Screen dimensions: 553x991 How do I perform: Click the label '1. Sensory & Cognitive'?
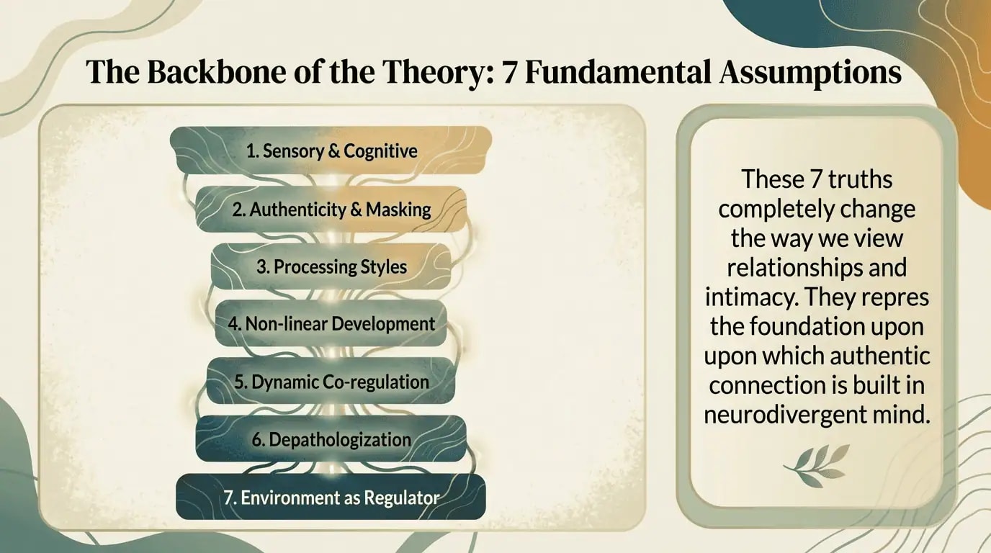point(331,151)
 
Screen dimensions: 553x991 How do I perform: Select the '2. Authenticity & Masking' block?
point(331,210)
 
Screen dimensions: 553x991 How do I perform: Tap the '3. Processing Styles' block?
point(331,266)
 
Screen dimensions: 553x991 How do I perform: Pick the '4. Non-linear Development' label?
point(331,323)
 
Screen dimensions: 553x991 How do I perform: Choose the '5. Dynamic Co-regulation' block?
point(331,381)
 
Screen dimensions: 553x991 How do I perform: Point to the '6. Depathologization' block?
point(331,439)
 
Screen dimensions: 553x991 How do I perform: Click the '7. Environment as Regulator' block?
point(331,497)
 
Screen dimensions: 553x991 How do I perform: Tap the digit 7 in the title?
point(510,73)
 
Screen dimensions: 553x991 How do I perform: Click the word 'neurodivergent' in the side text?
point(785,414)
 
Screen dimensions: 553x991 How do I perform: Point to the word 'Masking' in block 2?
point(398,210)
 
